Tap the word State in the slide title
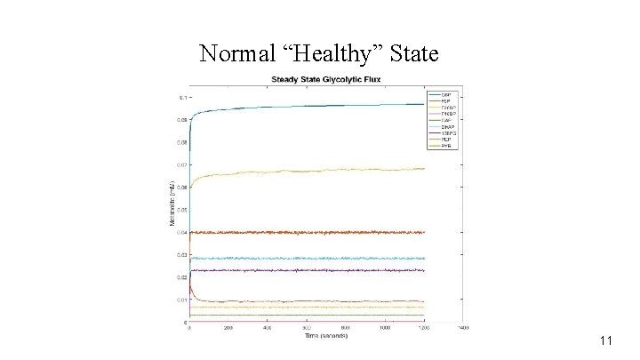click(414, 54)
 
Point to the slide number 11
click(608, 340)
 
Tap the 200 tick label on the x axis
click(228, 328)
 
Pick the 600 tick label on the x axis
click(307, 328)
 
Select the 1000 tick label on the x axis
click(385, 328)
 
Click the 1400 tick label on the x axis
click(463, 328)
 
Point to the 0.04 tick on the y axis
click(180, 233)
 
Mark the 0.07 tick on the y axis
click(180, 164)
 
